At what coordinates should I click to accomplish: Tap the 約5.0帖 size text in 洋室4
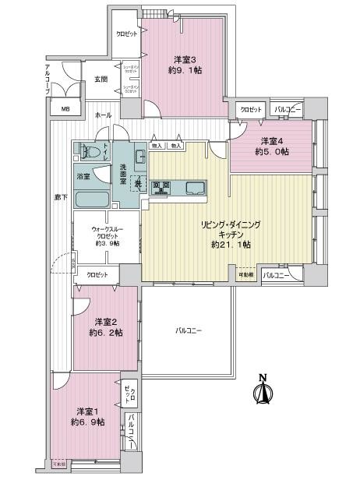point(274,152)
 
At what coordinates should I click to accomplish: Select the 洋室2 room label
point(106,321)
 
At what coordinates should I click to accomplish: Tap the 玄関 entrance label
point(101,79)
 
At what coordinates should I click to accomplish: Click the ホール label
point(102,115)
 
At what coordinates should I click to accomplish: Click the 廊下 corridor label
point(60,197)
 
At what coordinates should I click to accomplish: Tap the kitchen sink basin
point(194,186)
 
